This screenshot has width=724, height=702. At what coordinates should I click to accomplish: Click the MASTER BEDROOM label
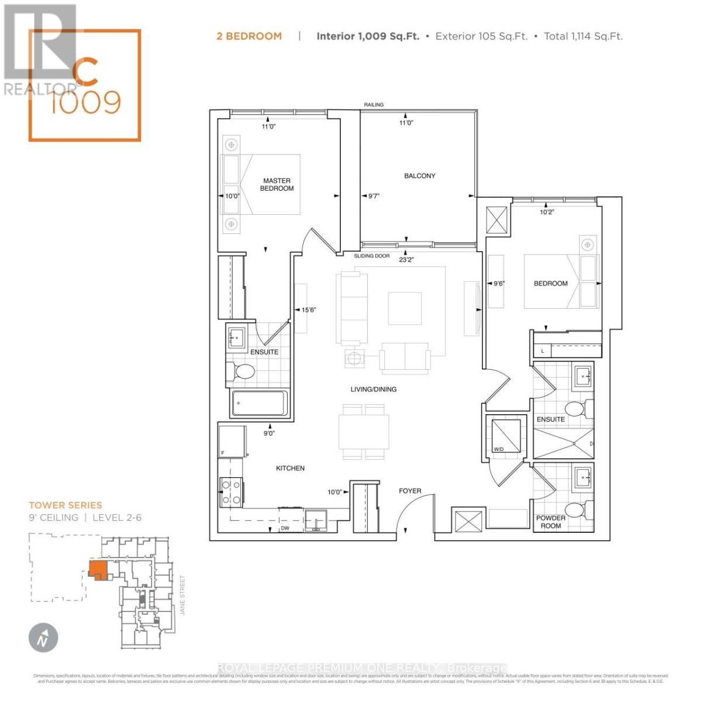pos(277,185)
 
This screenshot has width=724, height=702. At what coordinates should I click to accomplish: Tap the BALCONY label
pos(419,175)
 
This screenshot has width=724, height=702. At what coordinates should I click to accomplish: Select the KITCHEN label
pos(290,468)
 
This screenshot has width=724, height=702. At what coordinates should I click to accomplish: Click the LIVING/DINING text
pos(373,389)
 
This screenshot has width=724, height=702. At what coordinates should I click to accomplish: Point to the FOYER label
pos(409,491)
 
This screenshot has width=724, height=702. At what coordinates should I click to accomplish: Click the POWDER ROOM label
pos(550,522)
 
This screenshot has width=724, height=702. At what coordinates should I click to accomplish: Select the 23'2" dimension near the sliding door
pos(406,259)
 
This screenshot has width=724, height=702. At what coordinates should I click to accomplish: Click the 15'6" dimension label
pos(308,310)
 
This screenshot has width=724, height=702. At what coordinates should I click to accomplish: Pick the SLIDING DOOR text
pos(371,256)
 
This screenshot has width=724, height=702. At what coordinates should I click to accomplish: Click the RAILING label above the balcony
pos(374,105)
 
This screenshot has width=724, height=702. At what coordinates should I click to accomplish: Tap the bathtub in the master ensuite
pos(260,403)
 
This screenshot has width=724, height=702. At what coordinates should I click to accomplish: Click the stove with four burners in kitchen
pos(231,492)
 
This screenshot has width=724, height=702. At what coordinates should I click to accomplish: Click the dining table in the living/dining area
pos(364,432)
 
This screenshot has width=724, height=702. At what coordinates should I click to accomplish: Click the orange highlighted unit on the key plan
pos(97,569)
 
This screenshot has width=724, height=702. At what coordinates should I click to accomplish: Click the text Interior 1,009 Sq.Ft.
pos(367,36)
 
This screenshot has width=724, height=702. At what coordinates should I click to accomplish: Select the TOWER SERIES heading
pos(65,505)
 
